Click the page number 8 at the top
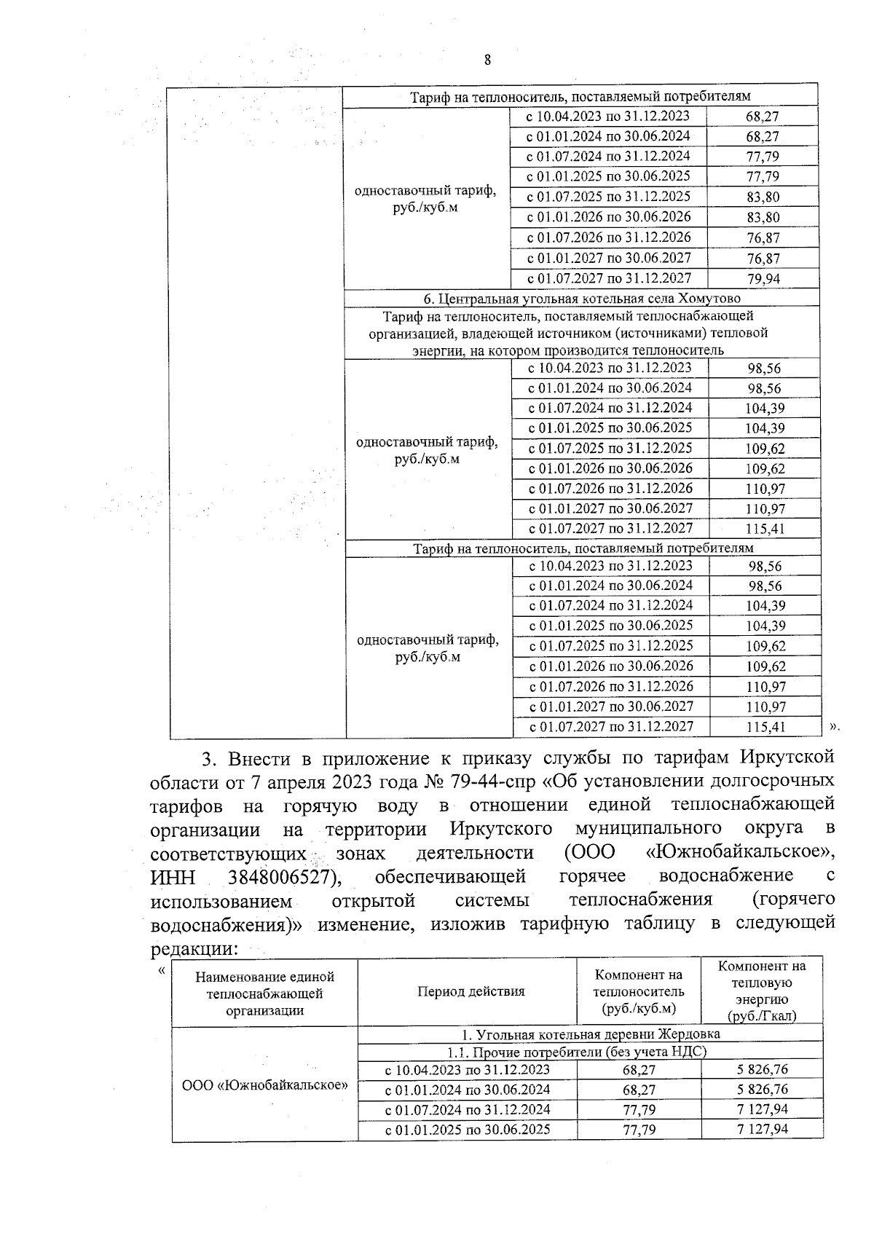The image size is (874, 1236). (x=487, y=60)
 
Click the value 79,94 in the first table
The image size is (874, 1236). (x=763, y=279)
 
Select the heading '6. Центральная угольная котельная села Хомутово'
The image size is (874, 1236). (x=582, y=299)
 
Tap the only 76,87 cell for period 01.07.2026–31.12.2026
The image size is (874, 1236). (x=763, y=238)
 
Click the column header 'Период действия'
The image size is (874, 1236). (x=471, y=991)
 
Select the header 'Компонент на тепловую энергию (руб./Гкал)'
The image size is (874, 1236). (x=761, y=991)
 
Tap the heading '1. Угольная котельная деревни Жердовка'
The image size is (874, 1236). (x=591, y=1034)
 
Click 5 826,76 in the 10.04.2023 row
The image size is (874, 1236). (x=762, y=1070)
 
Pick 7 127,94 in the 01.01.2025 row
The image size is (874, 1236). (x=762, y=1130)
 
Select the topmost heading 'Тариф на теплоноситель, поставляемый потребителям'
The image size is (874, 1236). (x=580, y=96)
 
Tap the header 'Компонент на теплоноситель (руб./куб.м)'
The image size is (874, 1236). (x=638, y=991)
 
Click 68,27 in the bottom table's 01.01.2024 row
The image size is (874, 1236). (x=638, y=1090)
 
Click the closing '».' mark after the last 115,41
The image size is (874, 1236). (x=835, y=725)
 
